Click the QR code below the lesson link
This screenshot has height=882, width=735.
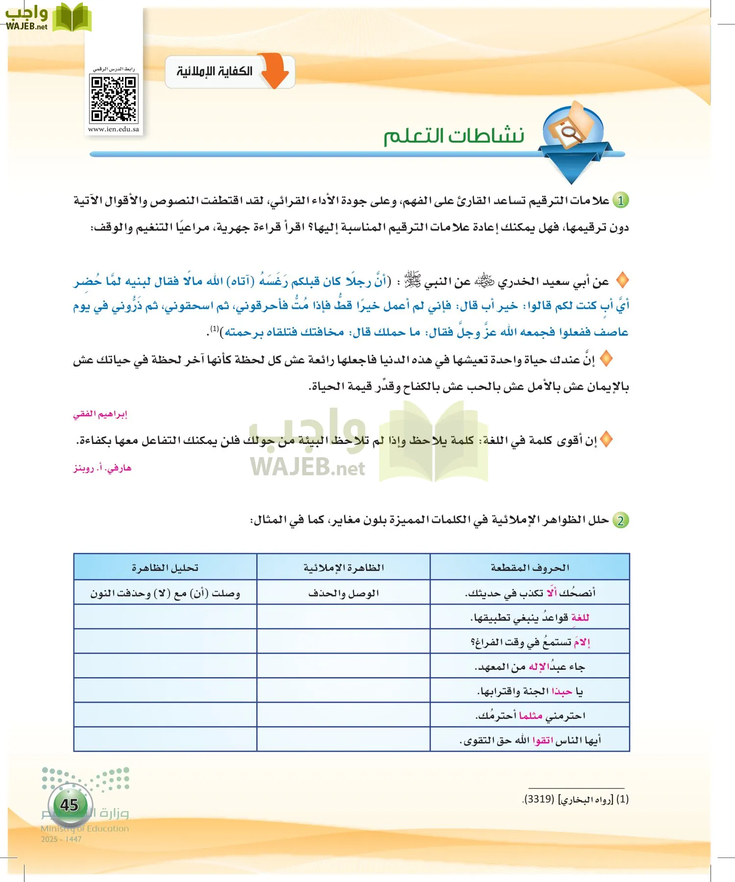(113, 98)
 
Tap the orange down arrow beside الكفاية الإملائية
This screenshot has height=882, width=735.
(275, 70)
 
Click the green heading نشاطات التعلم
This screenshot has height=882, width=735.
(454, 136)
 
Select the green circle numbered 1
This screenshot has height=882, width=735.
(621, 200)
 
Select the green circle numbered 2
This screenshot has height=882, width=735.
(621, 520)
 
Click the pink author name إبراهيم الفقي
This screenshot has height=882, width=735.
(100, 414)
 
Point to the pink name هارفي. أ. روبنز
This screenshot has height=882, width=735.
(102, 468)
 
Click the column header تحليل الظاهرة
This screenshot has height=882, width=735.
(165, 567)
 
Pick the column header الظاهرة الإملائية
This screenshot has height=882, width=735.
(343, 567)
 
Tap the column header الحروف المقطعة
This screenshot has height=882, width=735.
(530, 567)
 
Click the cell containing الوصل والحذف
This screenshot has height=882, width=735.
(343, 593)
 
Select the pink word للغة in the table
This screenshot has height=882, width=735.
(580, 617)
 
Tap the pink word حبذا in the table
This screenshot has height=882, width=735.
(562, 691)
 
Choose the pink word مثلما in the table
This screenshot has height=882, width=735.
(531, 716)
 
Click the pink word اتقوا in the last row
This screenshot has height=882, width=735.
(543, 740)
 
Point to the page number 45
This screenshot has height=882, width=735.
(69, 805)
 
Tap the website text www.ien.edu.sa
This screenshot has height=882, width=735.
(113, 129)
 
